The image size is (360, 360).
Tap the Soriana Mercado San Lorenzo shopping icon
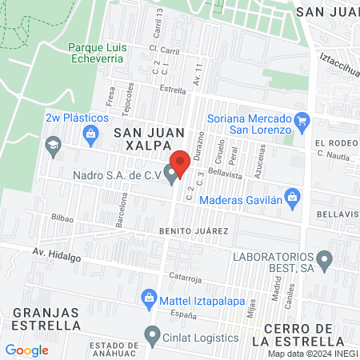[302, 122]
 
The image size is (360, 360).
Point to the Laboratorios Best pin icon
[325, 259]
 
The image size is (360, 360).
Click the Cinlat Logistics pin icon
[153, 335]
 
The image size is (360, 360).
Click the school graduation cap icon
[54, 146]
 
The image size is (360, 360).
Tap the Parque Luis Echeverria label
[98, 52]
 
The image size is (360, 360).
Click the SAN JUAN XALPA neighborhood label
[143, 138]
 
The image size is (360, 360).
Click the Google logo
[26, 350]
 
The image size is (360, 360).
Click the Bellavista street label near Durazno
[225, 172]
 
